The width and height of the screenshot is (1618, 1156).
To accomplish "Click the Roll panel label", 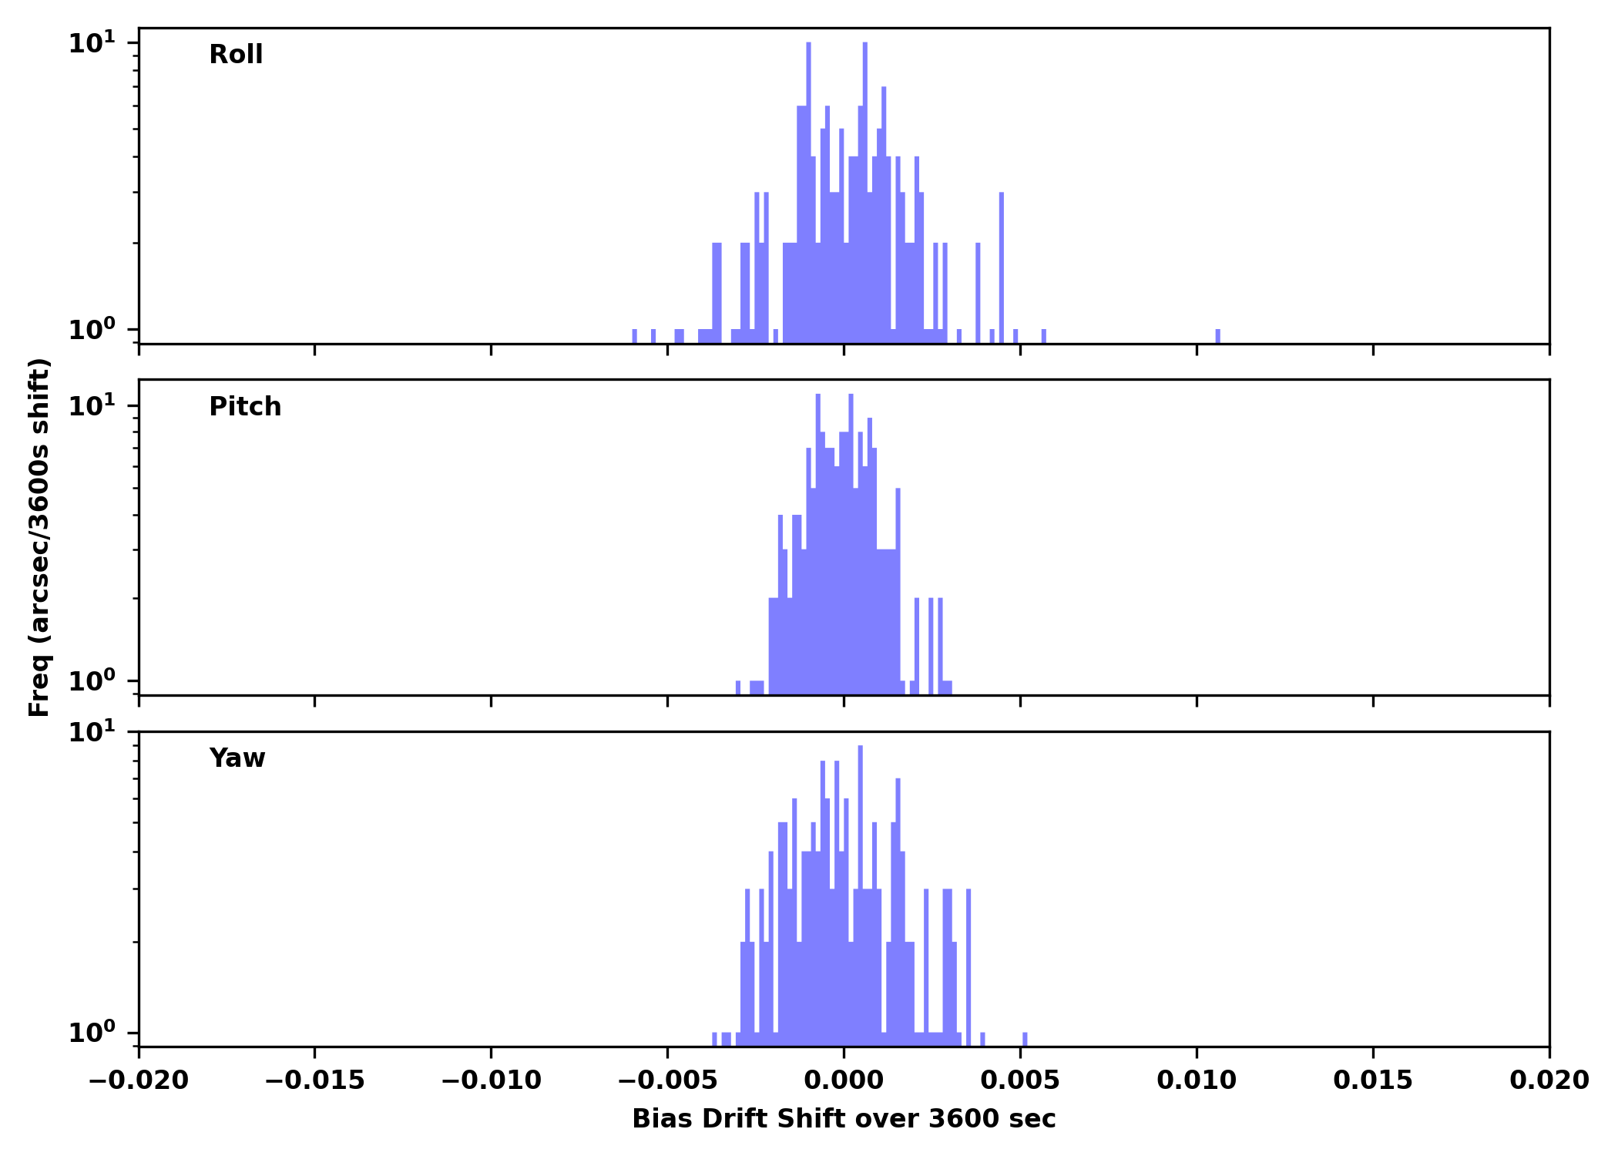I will [x=236, y=55].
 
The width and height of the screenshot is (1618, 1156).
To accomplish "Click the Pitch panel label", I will [x=245, y=407].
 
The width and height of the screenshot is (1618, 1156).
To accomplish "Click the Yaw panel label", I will [x=237, y=758].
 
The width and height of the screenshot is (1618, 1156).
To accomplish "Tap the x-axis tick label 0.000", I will [x=844, y=1080].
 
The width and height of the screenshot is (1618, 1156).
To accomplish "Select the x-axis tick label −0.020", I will [x=139, y=1080].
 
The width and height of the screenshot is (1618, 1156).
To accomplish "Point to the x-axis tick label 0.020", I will [x=1549, y=1080].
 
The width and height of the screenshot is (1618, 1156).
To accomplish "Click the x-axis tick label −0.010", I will [x=491, y=1080].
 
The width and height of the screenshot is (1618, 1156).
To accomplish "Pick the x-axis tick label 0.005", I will [x=1020, y=1080].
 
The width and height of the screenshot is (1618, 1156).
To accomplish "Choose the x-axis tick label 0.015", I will [x=1373, y=1080].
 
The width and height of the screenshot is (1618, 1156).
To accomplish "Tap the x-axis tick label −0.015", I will [x=314, y=1080].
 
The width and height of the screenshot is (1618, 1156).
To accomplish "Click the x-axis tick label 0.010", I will [x=1197, y=1080].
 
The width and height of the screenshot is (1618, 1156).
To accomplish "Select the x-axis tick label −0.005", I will [x=667, y=1080].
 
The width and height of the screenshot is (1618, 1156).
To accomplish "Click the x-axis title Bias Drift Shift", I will [x=844, y=1119].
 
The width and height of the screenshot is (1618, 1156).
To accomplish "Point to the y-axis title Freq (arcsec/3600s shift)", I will [x=39, y=537].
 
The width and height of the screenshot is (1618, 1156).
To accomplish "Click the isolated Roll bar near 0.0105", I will [x=1218, y=336].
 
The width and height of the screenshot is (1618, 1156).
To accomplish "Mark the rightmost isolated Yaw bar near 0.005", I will [x=1025, y=1039].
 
